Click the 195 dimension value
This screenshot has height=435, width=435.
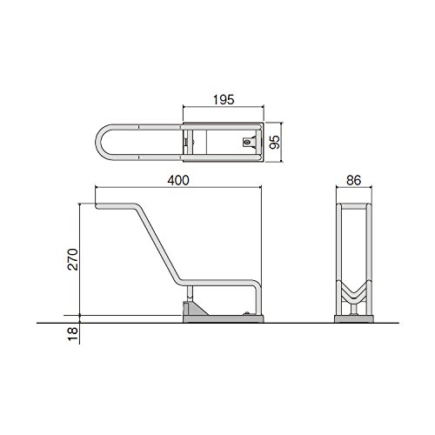coord(224,100)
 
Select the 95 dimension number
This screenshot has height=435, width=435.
coord(274,142)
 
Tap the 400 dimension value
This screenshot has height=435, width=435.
coord(178,180)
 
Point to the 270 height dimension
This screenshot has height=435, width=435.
coord(72,259)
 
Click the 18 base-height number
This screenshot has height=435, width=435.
coord(72,334)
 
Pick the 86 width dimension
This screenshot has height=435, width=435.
coord(354,180)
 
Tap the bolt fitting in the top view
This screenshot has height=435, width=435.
coord(247,143)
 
